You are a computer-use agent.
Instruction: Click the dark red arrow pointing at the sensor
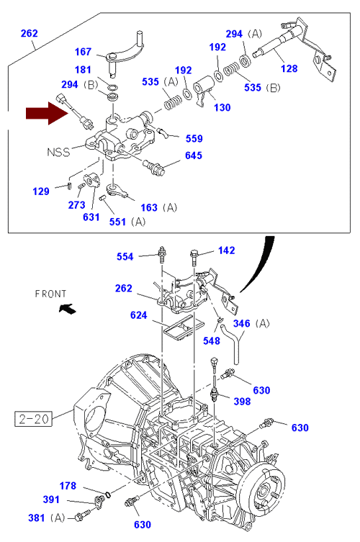47,113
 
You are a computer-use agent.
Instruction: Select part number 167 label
83,52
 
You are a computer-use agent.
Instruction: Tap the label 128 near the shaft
289,68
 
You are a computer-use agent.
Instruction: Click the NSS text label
58,152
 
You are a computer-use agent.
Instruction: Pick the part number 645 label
193,155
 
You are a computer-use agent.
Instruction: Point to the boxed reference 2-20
33,419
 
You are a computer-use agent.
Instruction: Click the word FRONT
50,294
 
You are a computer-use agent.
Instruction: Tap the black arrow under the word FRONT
67,308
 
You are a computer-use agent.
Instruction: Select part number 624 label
139,315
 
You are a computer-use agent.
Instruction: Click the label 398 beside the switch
242,402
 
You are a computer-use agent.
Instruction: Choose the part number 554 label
125,256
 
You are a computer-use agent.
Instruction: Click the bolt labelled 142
194,258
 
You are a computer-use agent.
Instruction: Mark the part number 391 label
51,500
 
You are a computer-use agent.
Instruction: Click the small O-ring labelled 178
108,494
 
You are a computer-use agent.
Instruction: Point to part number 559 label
194,139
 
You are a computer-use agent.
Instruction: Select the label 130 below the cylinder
222,107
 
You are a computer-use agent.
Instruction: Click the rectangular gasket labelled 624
184,328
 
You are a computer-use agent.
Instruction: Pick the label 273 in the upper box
76,205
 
